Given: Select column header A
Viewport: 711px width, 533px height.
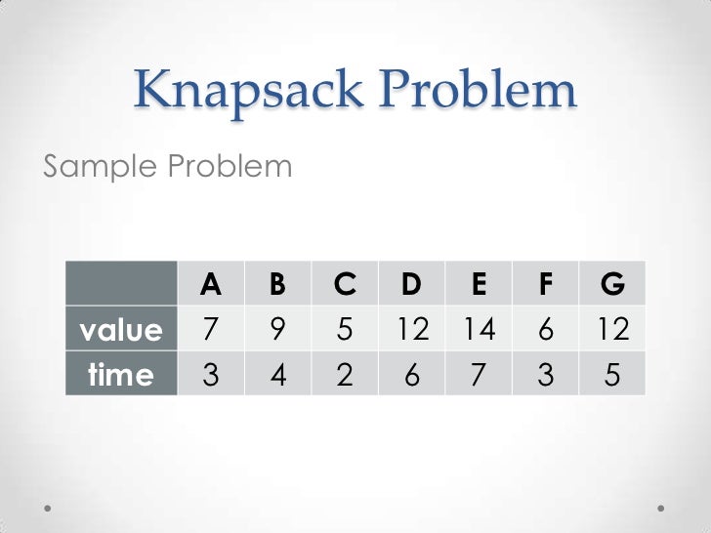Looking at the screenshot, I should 210,284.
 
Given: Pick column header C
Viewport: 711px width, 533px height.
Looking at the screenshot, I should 345,284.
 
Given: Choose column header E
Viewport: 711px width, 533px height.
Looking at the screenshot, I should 479,284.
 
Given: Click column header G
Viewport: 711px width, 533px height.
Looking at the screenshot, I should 612,284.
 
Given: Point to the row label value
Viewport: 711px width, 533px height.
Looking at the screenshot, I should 121,330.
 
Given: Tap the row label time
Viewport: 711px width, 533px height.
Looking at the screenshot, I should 121,374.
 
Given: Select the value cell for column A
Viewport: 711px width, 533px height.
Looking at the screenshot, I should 210,330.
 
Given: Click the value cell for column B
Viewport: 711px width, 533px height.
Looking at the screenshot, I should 277,330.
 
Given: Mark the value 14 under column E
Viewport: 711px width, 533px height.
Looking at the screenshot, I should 479,330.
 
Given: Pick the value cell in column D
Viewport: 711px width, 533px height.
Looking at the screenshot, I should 412,330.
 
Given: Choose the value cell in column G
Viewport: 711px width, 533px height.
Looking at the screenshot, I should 612,330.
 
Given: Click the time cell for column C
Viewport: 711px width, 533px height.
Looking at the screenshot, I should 345,374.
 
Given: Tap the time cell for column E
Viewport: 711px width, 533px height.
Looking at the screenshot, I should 479,374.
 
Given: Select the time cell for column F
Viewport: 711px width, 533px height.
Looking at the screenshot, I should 546,374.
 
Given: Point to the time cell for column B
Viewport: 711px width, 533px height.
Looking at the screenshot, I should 277,374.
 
